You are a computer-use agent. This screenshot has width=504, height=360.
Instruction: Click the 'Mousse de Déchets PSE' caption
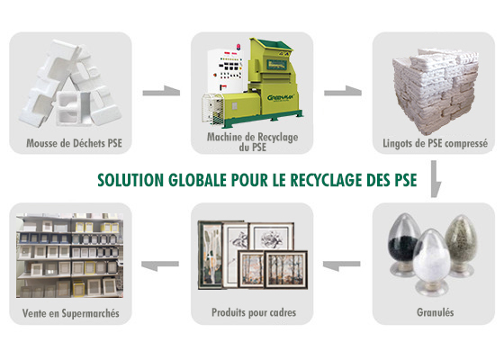click(x=74, y=143)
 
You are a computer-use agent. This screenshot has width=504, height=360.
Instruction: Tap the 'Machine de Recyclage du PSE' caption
click(x=252, y=142)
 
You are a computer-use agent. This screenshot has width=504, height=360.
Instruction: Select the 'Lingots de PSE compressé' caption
click(x=435, y=143)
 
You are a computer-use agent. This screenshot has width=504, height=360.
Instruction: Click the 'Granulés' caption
click(x=436, y=312)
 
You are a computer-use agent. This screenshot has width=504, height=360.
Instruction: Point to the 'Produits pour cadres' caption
click(x=254, y=312)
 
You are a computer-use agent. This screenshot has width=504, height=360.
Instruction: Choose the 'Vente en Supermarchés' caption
click(x=71, y=313)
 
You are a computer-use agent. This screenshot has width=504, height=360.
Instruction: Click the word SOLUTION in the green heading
click(x=130, y=180)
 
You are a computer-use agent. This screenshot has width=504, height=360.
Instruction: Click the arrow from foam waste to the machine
click(x=161, y=91)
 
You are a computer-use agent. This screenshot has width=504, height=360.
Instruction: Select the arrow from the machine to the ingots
click(x=343, y=91)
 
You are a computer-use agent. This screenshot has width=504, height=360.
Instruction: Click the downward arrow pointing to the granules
click(x=435, y=179)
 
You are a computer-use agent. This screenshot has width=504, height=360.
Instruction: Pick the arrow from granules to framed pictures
click(x=341, y=265)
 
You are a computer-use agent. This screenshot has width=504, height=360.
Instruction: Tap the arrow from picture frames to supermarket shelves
click(x=160, y=265)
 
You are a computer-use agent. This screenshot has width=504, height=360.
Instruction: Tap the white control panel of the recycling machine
click(x=225, y=71)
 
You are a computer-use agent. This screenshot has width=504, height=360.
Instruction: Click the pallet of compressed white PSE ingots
click(x=435, y=91)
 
